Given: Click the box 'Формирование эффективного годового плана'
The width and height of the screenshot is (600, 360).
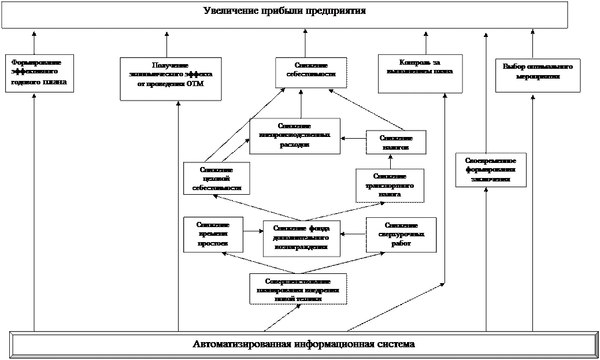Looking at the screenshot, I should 39,73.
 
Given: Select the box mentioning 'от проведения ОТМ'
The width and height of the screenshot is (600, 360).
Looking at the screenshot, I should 171,79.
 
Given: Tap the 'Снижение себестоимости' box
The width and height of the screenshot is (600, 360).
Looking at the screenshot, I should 311,72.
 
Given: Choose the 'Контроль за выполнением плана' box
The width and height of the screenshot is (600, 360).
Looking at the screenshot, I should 420,73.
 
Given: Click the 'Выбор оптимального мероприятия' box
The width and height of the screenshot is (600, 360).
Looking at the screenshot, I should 538,75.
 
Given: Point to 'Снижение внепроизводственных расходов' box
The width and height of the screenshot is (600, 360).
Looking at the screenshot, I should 295,136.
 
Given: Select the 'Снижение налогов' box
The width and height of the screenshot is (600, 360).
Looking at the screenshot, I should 396,142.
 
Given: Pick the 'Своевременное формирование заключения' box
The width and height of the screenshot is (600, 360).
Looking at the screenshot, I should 491,170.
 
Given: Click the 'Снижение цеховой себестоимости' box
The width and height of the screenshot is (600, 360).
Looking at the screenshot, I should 216,179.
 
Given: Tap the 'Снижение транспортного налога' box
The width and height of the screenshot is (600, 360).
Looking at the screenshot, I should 390,185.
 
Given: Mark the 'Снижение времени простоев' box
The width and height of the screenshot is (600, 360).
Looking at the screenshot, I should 213,235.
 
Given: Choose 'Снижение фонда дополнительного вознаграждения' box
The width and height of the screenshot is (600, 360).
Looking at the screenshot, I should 301,238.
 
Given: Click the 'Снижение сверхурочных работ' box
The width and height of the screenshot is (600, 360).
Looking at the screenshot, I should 401,235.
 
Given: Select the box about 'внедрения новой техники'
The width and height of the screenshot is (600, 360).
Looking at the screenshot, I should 298,289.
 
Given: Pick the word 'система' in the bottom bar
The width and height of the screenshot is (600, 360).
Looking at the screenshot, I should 397,344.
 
